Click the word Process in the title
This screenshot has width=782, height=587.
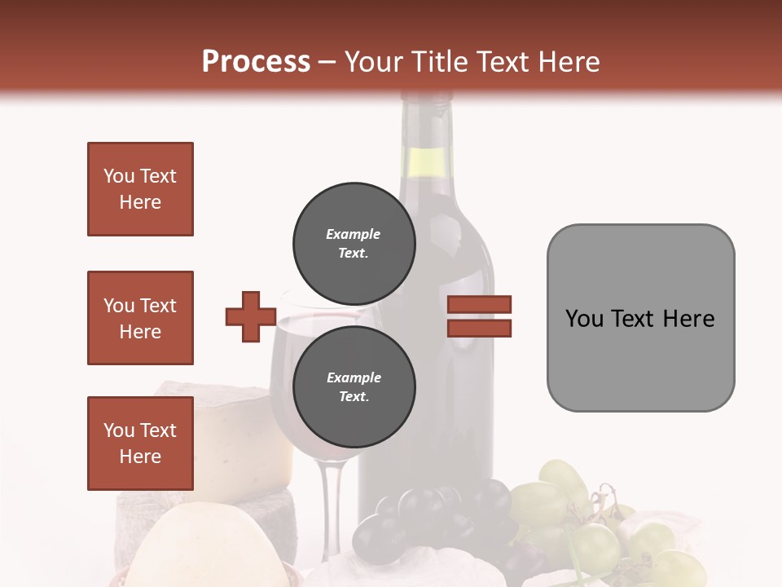pos(256,62)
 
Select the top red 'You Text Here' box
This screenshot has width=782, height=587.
pos(140,189)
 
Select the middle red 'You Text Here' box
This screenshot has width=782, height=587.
pos(140,318)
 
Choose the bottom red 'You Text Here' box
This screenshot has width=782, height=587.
pos(140,444)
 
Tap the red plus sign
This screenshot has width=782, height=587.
pos(251,316)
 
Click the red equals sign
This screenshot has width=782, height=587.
pos(479,316)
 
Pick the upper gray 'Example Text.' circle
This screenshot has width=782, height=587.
pos(354,243)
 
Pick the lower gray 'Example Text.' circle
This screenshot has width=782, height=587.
pos(354,386)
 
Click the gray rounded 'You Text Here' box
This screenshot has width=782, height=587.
pos(640,318)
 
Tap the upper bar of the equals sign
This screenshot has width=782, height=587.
pos(479,305)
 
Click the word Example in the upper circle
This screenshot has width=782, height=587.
pos(354,234)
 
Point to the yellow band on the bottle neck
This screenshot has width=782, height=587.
pos(427,163)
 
